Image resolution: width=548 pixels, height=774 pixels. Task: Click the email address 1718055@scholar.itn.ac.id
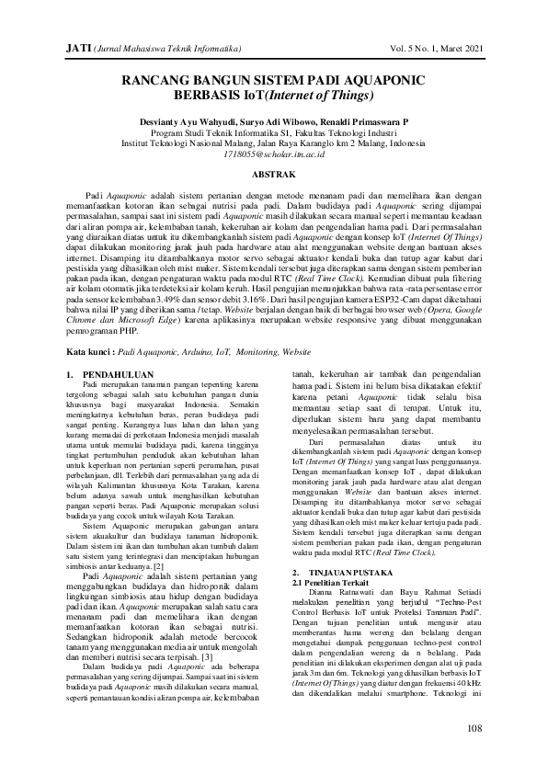273,155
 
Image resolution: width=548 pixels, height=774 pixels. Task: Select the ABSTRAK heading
273,174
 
